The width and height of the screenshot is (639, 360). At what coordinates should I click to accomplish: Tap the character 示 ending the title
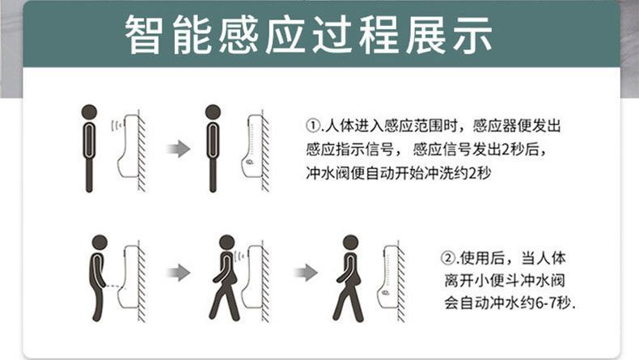coord(472,35)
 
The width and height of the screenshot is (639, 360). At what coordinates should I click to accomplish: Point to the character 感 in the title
coord(239,35)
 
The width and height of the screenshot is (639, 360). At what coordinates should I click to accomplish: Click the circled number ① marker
coord(313,125)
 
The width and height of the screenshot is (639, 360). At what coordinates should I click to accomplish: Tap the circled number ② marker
coord(448,258)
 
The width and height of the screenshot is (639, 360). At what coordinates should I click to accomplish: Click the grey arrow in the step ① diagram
coord(179,149)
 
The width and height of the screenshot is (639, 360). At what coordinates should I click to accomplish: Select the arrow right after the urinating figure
coord(179,273)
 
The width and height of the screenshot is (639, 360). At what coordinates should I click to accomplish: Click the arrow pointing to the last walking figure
coord(306,273)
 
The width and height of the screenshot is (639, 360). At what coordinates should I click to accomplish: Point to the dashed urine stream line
coord(113,286)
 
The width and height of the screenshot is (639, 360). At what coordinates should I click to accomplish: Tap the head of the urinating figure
coord(99,242)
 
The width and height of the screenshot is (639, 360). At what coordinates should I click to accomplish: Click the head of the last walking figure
coord(350,242)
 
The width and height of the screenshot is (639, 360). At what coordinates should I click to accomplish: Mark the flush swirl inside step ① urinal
coord(249,163)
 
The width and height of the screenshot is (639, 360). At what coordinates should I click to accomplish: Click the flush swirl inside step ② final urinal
coord(385,292)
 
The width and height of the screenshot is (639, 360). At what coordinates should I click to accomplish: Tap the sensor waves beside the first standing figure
coord(117,125)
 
